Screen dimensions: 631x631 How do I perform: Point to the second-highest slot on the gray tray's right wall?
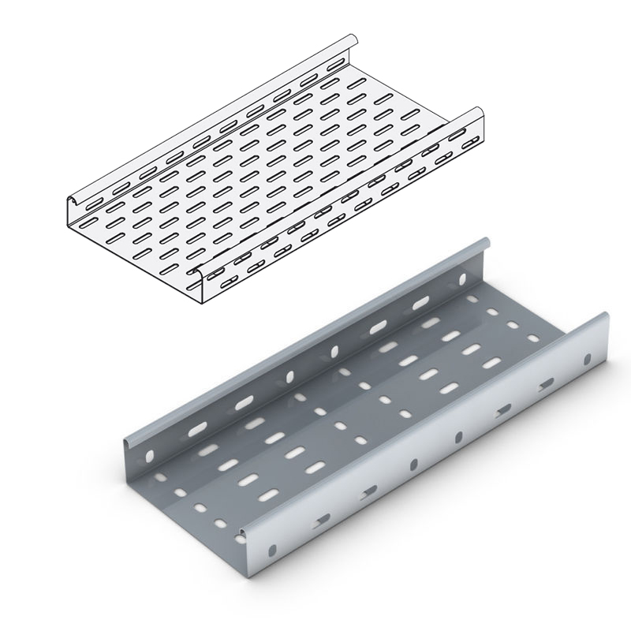tap(546, 385)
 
